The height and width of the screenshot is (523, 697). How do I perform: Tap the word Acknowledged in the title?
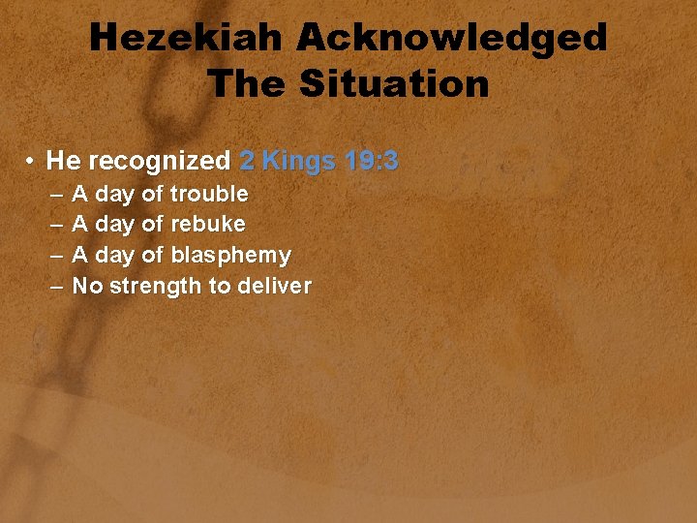click(x=452, y=39)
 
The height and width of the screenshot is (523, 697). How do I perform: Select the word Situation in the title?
click(x=395, y=84)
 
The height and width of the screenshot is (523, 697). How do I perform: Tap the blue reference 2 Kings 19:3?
click(x=318, y=161)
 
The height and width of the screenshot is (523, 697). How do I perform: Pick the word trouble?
click(x=209, y=194)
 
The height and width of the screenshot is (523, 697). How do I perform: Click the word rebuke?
click(x=208, y=225)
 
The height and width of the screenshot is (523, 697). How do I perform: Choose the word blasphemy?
click(x=230, y=256)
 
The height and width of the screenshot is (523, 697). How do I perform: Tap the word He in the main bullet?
click(x=61, y=161)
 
